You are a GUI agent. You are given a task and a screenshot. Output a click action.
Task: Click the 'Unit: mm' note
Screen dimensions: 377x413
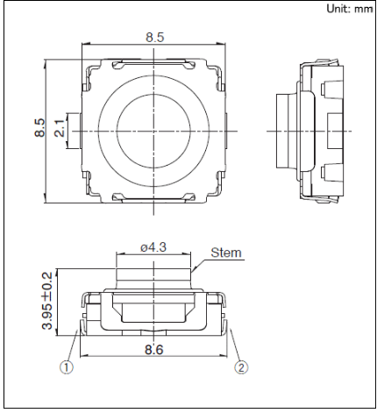(x=350, y=9)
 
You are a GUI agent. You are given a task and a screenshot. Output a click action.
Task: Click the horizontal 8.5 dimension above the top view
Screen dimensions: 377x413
(x=155, y=38)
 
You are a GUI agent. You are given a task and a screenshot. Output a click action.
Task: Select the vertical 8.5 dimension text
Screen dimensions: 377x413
(x=40, y=128)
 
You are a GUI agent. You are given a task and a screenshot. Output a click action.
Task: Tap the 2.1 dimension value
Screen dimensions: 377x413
(x=60, y=128)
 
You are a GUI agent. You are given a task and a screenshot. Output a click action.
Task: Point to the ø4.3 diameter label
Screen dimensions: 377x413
(x=153, y=247)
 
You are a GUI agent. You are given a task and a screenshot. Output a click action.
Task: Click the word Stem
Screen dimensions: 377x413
(x=226, y=253)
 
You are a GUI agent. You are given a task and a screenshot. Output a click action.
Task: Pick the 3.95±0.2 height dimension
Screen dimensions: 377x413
(x=47, y=301)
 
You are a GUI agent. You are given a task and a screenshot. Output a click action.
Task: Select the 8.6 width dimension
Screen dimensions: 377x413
(x=154, y=350)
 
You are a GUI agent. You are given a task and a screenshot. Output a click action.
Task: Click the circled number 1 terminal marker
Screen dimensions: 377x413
(x=67, y=367)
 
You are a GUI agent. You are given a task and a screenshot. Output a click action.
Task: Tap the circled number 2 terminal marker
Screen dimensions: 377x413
(x=241, y=367)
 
